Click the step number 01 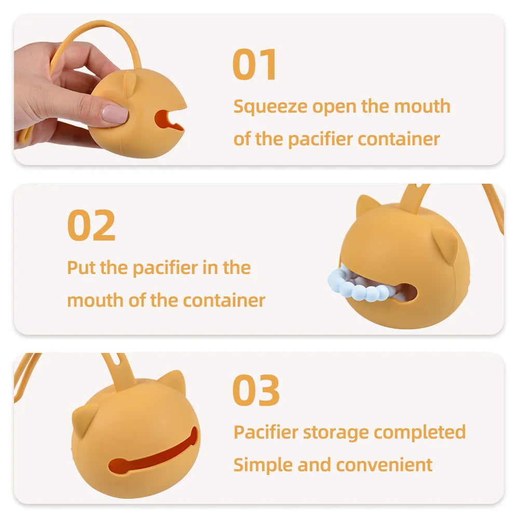click(x=254, y=64)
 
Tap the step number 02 click(x=91, y=225)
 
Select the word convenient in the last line click(x=384, y=465)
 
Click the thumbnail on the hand click(x=115, y=114)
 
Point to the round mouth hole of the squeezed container click(x=167, y=120)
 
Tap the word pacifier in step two click(x=165, y=269)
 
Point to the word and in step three click(x=315, y=465)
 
